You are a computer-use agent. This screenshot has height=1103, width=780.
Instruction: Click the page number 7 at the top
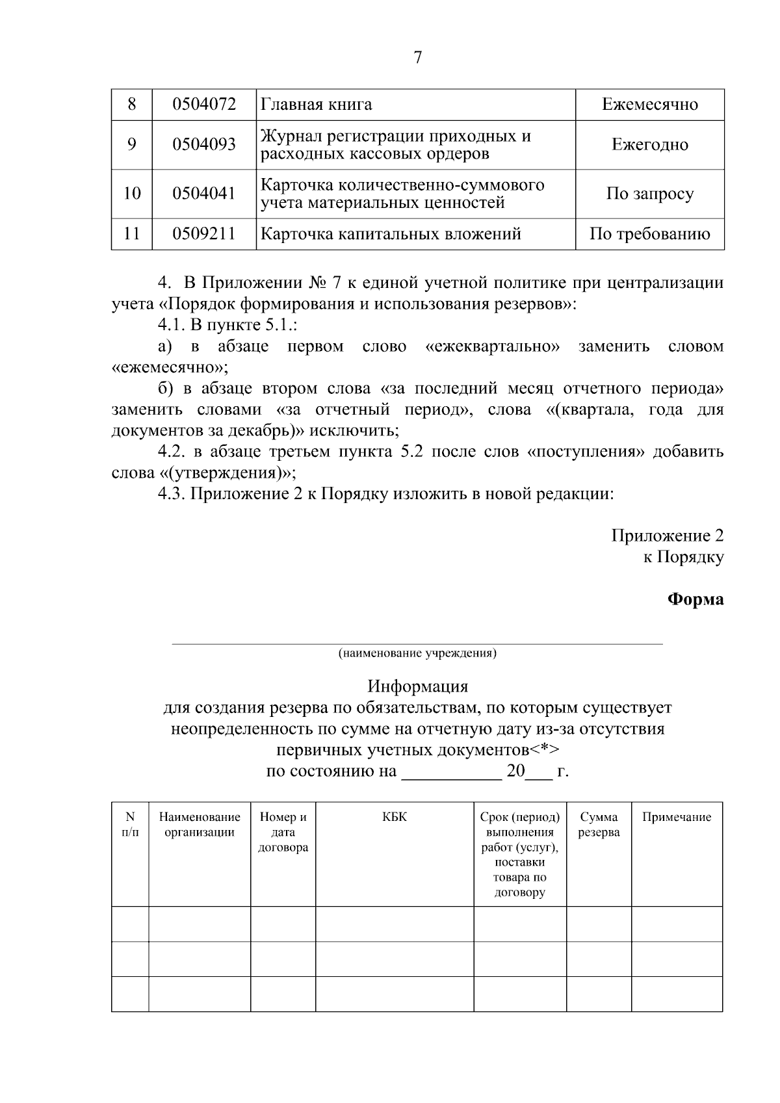[417, 58]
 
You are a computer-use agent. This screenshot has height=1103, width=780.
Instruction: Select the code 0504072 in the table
[203, 104]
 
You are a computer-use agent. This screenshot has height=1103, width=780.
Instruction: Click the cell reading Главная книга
[316, 104]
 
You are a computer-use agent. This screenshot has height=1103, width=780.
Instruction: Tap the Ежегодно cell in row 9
[649, 144]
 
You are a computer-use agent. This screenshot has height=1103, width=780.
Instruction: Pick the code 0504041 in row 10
[203, 193]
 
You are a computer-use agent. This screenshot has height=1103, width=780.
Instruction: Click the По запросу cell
[649, 194]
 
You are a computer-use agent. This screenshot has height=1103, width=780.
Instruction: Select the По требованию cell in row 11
[649, 234]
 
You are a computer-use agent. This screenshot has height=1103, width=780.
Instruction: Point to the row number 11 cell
[131, 234]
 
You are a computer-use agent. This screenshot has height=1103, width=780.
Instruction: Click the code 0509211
[203, 234]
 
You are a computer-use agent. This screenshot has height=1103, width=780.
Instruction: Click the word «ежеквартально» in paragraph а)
[493, 346]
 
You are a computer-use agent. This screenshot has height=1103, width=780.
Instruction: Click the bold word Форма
[695, 599]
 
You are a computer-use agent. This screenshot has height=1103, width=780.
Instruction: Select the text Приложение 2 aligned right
[667, 536]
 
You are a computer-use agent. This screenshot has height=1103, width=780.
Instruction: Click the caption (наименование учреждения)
[417, 653]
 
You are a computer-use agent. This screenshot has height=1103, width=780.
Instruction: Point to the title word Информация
[417, 686]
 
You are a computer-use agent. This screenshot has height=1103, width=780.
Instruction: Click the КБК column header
[395, 817]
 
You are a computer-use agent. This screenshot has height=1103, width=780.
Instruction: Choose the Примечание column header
[677, 817]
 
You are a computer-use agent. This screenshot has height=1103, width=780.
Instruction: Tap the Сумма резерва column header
[599, 825]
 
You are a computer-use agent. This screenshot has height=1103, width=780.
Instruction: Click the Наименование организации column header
[200, 825]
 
